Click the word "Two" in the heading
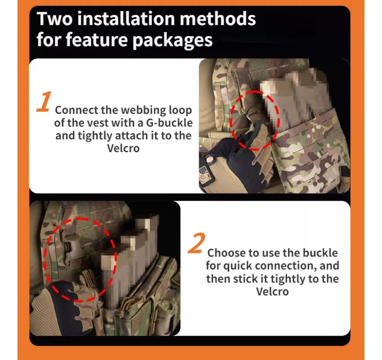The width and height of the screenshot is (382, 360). pos(54,18)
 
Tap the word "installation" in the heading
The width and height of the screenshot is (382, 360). pos(126,18)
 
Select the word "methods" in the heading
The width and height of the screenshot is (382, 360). pos(218,18)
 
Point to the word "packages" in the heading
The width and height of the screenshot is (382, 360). pos(173,40)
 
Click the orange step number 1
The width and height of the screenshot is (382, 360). pos(44,102)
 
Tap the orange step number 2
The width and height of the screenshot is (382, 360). pos(196,243)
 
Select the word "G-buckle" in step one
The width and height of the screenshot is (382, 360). pos(169,123)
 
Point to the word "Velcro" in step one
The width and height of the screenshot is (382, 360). pos(123,148)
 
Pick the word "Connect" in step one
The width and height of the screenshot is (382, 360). pos(76,110)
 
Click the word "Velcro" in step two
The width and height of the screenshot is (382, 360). pos(272,292)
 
